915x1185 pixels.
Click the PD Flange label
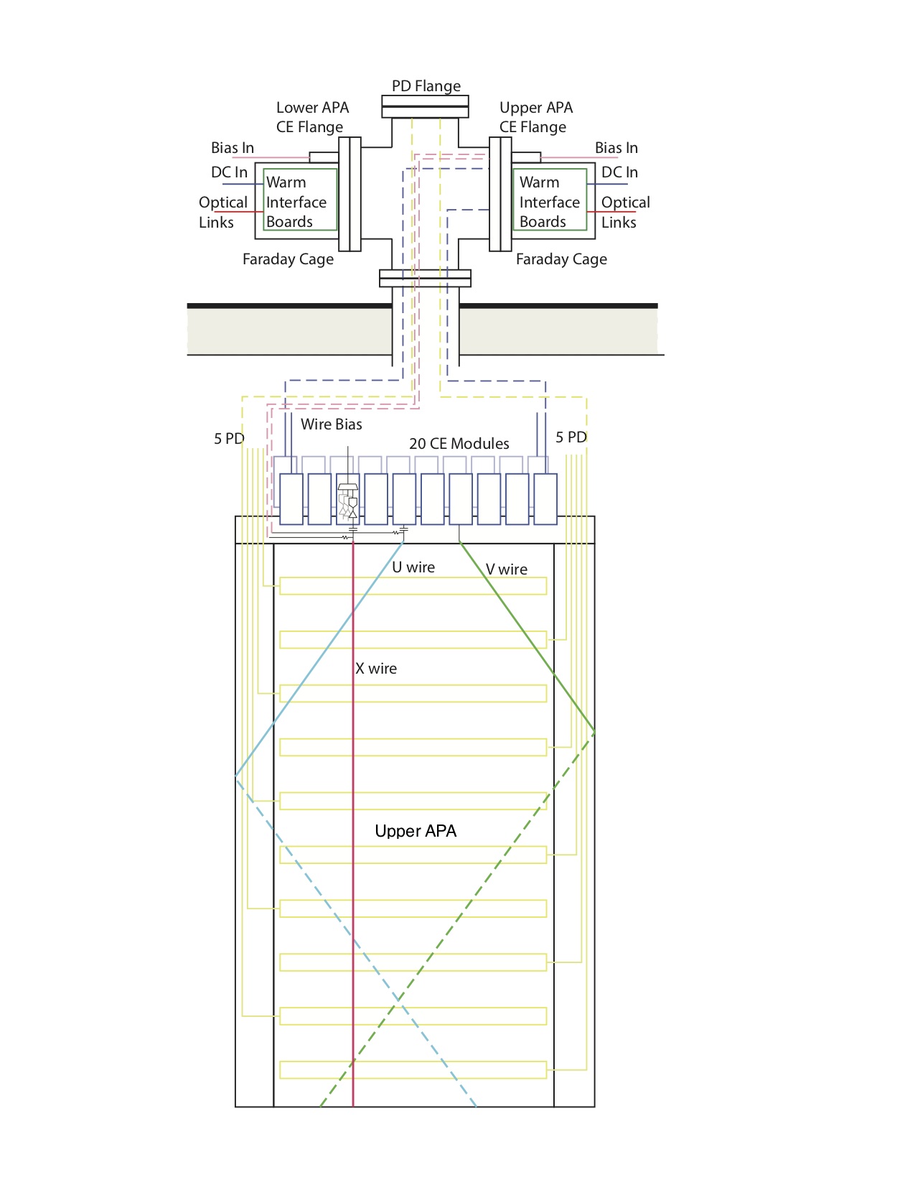click(x=426, y=86)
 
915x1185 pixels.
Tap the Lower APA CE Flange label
click(x=312, y=117)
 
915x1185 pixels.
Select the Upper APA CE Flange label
click(x=536, y=117)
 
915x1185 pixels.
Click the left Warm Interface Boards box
click(x=300, y=200)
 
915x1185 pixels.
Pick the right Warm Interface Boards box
click(x=550, y=200)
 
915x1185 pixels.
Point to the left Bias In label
click(x=233, y=148)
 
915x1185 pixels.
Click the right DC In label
click(x=619, y=172)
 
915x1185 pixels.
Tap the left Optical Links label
click(x=222, y=212)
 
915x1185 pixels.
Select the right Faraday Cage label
click(x=561, y=259)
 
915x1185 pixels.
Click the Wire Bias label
click(x=331, y=424)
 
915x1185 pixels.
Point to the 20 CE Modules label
click(x=459, y=444)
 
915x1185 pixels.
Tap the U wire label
click(x=413, y=567)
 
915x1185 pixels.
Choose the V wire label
click(x=507, y=570)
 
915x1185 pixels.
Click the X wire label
click(x=376, y=669)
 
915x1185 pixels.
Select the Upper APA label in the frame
click(x=416, y=831)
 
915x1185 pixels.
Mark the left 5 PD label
click(x=229, y=439)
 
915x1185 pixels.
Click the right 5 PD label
click(x=571, y=437)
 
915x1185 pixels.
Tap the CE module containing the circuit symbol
click(x=348, y=500)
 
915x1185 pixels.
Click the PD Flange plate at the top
click(x=425, y=107)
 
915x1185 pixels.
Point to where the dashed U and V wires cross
click(x=398, y=999)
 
